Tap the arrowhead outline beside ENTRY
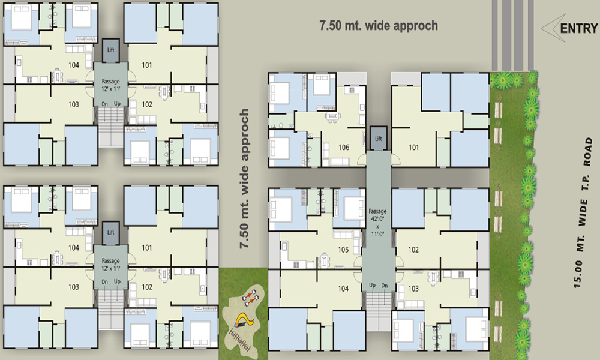coord(550,28)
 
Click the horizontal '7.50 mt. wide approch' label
coord(378,26)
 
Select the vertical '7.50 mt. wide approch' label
coord(244,179)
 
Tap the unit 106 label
coord(344,147)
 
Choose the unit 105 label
coord(343,249)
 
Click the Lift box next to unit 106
coord(378,139)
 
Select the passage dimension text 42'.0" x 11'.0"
coord(378,223)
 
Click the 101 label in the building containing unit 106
coord(414,147)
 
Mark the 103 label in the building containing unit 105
coord(413,289)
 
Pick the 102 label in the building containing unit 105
coord(413,249)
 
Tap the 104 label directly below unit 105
coord(343,289)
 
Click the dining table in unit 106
coord(331,115)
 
